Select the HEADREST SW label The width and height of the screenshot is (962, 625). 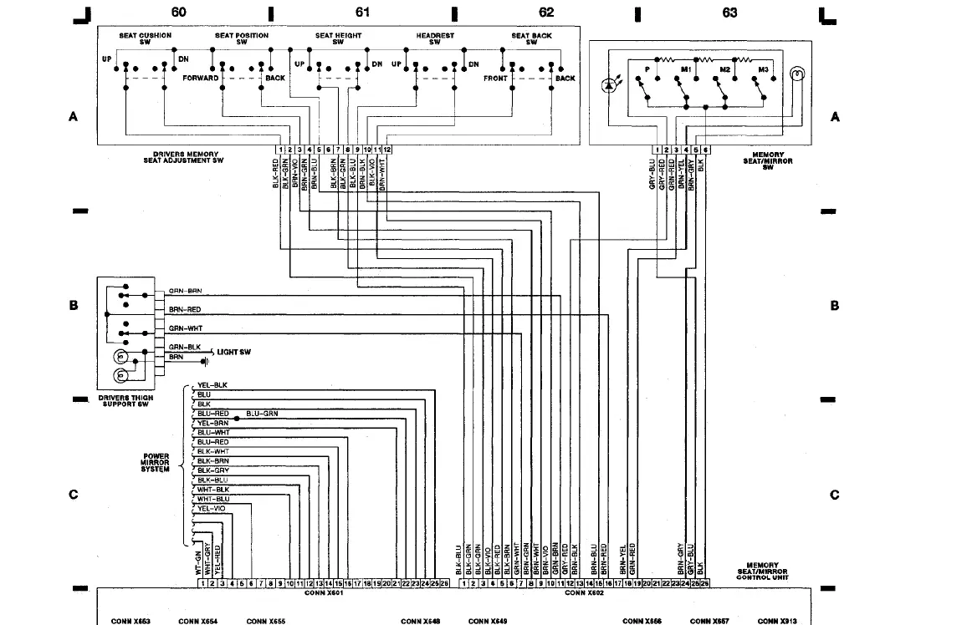pos(435,38)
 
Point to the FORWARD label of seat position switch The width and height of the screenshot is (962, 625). pos(200,78)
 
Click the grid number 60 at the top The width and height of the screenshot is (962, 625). pos(178,12)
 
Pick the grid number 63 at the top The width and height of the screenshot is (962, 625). pos(729,13)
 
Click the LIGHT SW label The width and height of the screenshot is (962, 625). pos(233,353)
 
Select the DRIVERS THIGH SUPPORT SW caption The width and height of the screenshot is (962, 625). pos(125,401)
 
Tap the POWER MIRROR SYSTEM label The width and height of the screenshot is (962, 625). pos(156,463)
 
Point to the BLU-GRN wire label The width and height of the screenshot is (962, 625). pos(262,414)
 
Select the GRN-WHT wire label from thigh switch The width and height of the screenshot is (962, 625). pos(185,328)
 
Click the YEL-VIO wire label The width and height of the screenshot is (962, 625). pos(211,508)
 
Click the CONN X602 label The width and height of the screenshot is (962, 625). pos(584,592)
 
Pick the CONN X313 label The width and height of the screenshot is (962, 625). pos(777,621)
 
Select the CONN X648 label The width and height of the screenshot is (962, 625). pos(420,621)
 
